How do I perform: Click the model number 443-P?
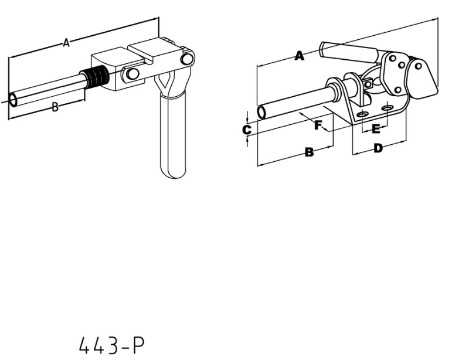[111, 345]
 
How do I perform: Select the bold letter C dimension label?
[247, 129]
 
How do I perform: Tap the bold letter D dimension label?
[378, 148]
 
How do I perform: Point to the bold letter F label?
[318, 124]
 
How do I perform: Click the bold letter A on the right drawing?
[299, 56]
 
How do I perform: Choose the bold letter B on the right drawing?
[309, 152]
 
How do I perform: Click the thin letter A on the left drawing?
[66, 42]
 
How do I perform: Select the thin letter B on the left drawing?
[55, 107]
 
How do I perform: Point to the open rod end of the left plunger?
[13, 99]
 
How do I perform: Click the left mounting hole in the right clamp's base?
[363, 113]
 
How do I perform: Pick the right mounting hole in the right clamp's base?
[387, 108]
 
